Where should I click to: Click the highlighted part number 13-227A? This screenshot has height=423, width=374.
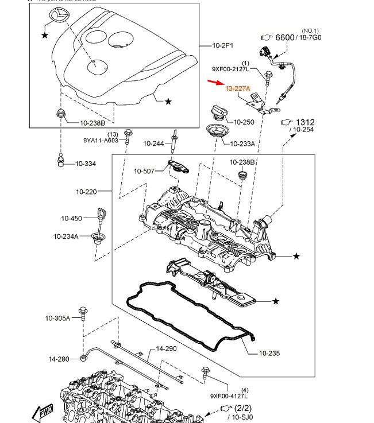(238, 89)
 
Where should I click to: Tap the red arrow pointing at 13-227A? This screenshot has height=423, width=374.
(216, 84)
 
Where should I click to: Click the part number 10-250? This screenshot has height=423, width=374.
(244, 122)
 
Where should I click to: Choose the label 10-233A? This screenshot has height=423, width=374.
(242, 143)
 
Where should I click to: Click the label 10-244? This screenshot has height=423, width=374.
(153, 143)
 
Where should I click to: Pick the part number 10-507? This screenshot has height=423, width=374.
(144, 171)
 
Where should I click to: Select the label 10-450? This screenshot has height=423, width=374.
(72, 218)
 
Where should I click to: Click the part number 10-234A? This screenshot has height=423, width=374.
(66, 236)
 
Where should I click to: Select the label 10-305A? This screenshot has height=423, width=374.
(58, 318)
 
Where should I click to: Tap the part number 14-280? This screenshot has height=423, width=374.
(59, 359)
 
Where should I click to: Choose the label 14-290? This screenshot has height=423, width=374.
(167, 348)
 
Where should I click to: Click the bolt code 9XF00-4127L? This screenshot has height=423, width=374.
(229, 396)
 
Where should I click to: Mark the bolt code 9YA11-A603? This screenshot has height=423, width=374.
(101, 140)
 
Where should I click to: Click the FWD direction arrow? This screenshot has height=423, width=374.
(43, 412)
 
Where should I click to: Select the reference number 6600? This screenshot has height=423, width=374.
(284, 37)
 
